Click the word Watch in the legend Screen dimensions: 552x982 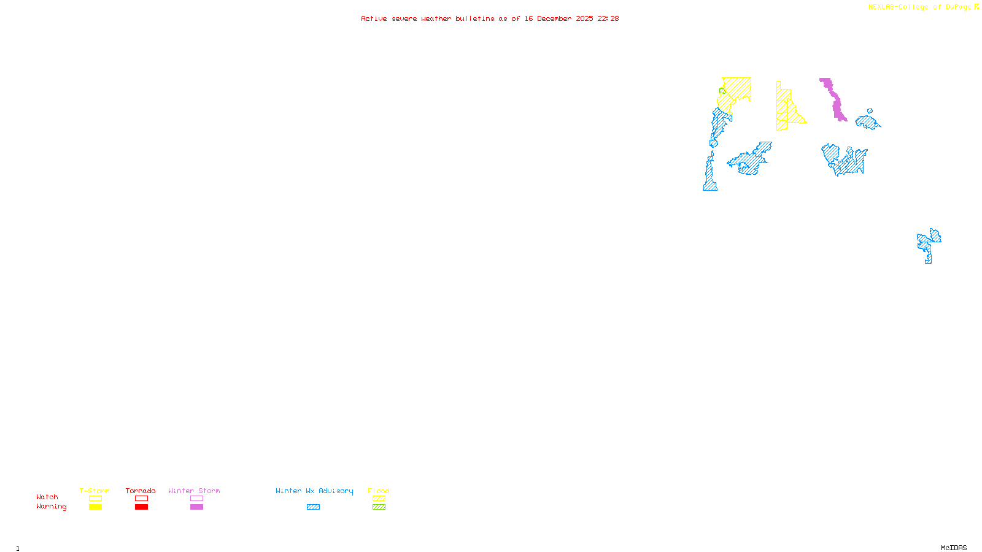point(47,497)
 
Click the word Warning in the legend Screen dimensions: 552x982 point(51,507)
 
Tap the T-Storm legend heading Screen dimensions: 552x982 point(95,491)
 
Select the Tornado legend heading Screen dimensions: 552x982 point(141,491)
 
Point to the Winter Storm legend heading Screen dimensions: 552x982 point(194,491)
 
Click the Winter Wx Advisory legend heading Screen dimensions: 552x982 point(314,491)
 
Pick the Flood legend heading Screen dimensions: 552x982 point(379,491)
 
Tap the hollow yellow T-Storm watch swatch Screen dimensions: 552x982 point(95,499)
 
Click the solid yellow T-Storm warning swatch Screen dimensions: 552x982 point(95,507)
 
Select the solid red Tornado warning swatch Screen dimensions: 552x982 point(141,507)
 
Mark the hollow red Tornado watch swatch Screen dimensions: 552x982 point(141,499)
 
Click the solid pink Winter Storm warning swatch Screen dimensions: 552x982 point(196,507)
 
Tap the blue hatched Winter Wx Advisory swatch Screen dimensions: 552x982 point(313,507)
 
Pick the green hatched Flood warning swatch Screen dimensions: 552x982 point(379,507)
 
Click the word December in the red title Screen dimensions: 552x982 point(554,18)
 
